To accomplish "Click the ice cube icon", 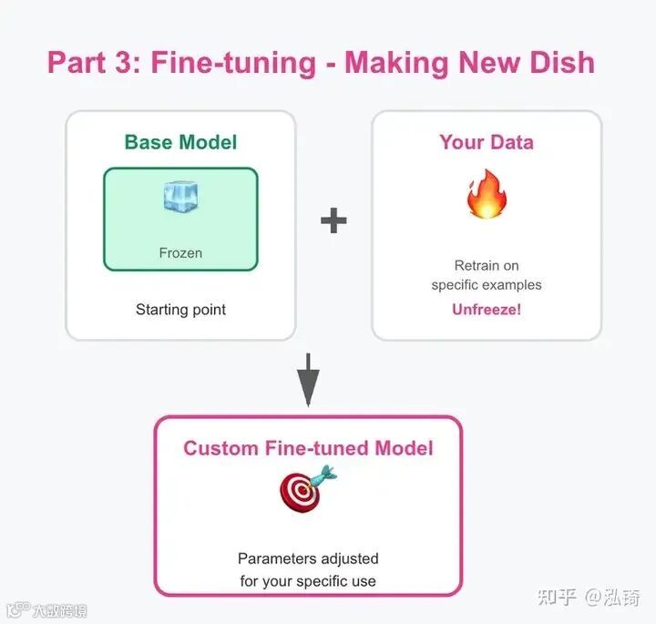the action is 180,197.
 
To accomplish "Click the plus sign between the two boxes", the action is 333,220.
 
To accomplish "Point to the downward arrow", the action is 309,378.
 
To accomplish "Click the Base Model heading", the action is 180,142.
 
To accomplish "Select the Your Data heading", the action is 487,142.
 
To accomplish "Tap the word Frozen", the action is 180,252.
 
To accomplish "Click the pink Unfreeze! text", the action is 487,310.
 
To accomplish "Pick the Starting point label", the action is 180,310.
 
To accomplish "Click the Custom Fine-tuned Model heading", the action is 308,448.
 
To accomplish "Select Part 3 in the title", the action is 91,63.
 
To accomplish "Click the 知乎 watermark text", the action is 556,597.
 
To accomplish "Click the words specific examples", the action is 487,285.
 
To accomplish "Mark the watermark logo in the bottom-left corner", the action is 16,609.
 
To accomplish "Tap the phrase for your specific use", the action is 308,580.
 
